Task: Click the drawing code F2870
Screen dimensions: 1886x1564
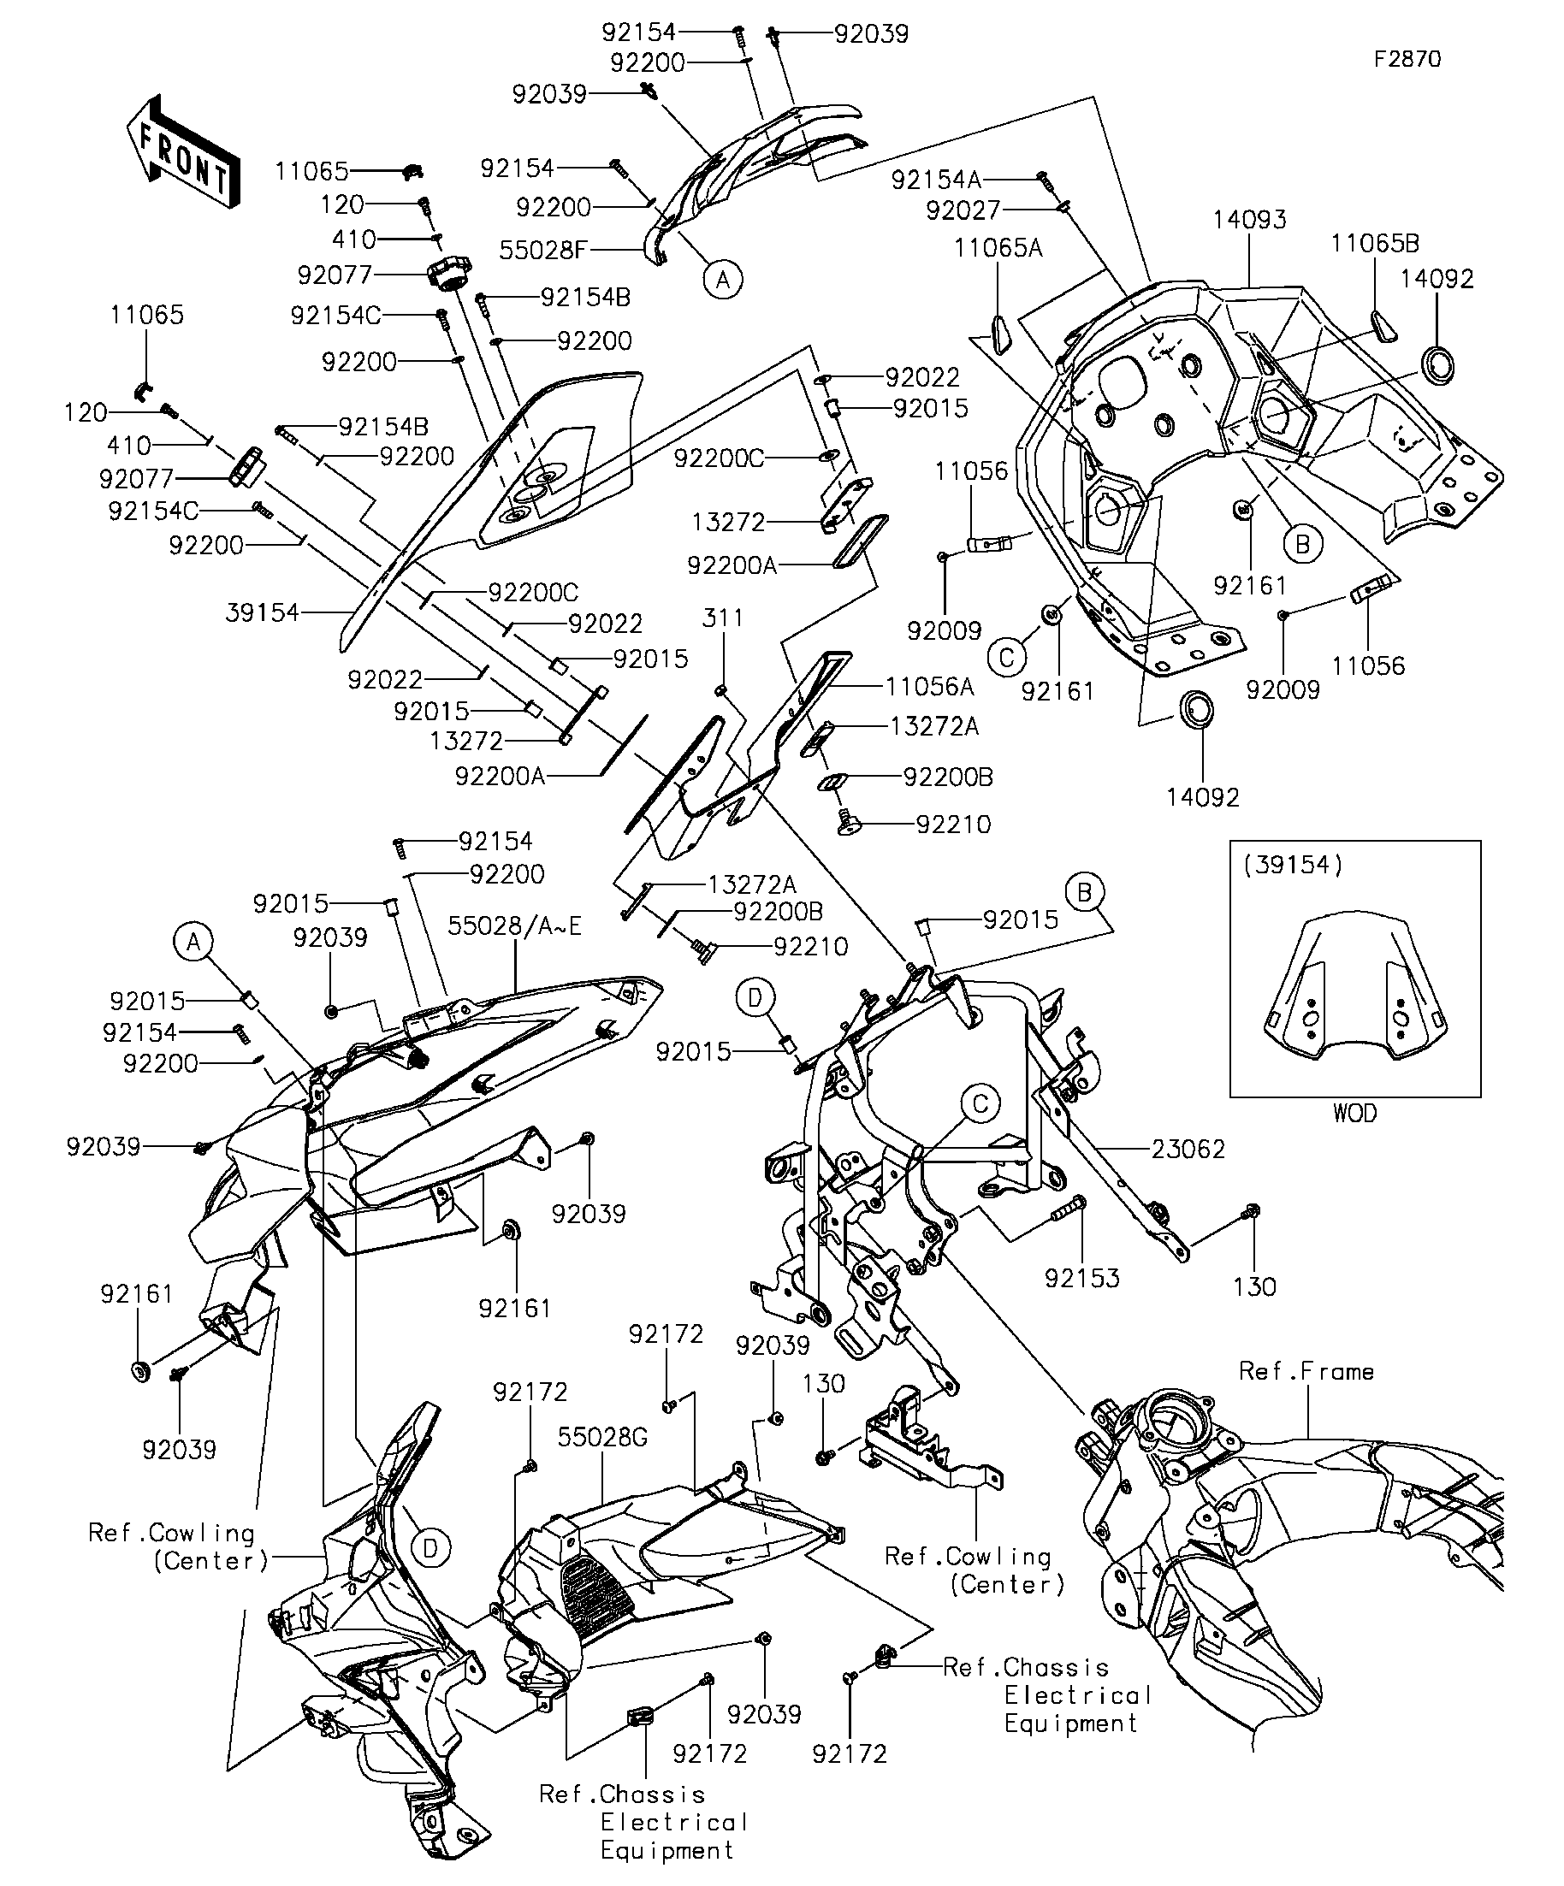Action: [x=1407, y=59]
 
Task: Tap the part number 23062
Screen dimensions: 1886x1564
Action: [x=1188, y=1149]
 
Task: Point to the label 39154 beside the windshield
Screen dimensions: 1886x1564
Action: [x=262, y=612]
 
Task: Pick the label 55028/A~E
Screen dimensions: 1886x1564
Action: [x=515, y=926]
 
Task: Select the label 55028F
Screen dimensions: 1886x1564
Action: [x=542, y=250]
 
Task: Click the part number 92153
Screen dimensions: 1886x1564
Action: [x=1081, y=1278]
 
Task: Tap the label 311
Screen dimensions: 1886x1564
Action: [x=723, y=618]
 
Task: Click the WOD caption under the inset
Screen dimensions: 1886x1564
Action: [x=1354, y=1114]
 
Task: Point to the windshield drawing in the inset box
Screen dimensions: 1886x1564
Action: [x=1354, y=988]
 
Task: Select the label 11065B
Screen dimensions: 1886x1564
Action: [x=1374, y=244]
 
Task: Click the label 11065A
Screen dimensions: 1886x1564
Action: [x=998, y=248]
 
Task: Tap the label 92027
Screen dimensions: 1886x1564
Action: [x=963, y=210]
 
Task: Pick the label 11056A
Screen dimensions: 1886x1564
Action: [x=930, y=687]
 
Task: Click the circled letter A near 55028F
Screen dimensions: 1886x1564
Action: [x=722, y=280]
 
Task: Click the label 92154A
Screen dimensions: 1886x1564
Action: [x=936, y=180]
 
